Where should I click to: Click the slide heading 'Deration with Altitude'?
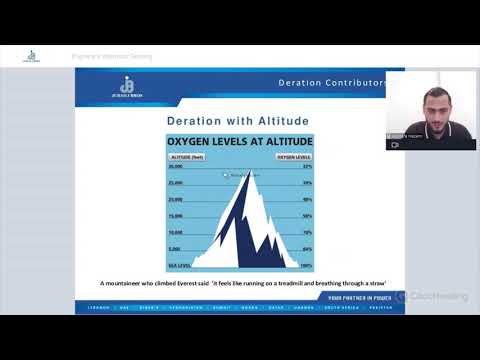[238, 121]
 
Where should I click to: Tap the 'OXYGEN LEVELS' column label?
[294, 157]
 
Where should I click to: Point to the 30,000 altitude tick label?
[176, 167]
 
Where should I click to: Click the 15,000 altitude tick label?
[176, 216]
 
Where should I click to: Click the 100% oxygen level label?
[306, 265]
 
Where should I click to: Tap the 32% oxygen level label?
[306, 167]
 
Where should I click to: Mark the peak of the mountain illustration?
[247, 171]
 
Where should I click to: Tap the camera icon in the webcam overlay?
[394, 144]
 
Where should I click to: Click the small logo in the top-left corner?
[32, 56]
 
